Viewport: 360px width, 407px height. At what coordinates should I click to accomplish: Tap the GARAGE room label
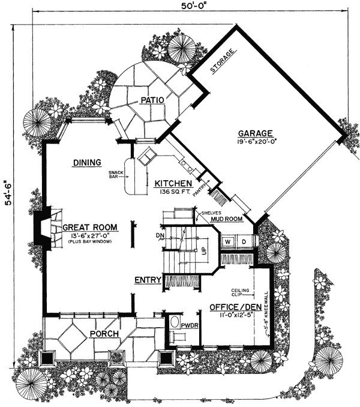click(x=256, y=133)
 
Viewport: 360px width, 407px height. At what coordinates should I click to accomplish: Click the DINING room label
click(x=86, y=162)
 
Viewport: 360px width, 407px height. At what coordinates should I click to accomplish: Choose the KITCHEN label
click(x=173, y=184)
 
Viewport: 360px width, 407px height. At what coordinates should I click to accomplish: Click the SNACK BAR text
click(x=116, y=176)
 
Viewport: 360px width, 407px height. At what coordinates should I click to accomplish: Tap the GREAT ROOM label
click(x=89, y=228)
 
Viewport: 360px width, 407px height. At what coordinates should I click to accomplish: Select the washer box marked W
click(x=229, y=242)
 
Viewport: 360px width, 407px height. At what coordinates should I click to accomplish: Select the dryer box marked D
click(x=244, y=242)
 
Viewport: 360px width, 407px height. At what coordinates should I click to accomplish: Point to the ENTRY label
click(x=147, y=280)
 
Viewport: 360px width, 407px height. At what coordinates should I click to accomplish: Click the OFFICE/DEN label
click(x=230, y=307)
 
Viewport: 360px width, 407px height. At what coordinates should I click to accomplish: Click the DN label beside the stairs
click(x=158, y=237)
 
